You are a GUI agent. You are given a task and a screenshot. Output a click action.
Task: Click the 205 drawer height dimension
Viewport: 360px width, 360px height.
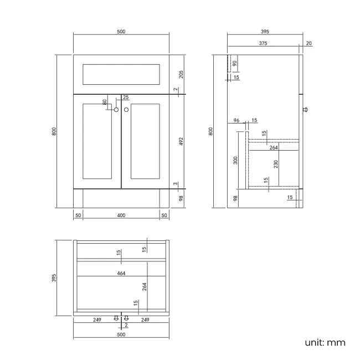click(181, 74)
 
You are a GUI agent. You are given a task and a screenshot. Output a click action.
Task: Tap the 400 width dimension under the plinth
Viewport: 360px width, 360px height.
click(121, 215)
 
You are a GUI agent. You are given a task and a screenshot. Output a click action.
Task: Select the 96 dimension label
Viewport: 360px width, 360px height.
click(236, 121)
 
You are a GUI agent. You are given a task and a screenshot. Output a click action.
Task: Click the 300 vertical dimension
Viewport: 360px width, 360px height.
click(235, 160)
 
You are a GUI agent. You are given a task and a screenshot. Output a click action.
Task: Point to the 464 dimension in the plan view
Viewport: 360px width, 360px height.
click(120, 273)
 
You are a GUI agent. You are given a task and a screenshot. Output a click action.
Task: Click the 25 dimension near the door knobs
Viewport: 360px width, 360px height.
click(126, 97)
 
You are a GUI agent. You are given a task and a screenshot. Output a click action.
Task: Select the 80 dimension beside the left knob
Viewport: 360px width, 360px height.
click(105, 102)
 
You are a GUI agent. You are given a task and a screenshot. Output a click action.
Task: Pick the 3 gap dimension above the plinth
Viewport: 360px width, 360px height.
click(176, 184)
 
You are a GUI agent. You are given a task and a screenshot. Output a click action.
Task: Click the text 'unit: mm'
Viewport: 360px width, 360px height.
click(325, 343)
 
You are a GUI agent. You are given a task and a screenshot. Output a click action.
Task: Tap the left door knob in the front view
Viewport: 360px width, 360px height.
click(116, 110)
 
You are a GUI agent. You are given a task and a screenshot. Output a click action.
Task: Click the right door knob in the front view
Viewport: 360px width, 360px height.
click(126, 110)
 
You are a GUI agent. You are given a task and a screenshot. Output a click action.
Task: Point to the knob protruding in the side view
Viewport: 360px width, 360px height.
click(305, 110)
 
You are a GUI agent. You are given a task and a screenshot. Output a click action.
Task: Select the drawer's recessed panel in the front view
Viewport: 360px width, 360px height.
click(121, 75)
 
